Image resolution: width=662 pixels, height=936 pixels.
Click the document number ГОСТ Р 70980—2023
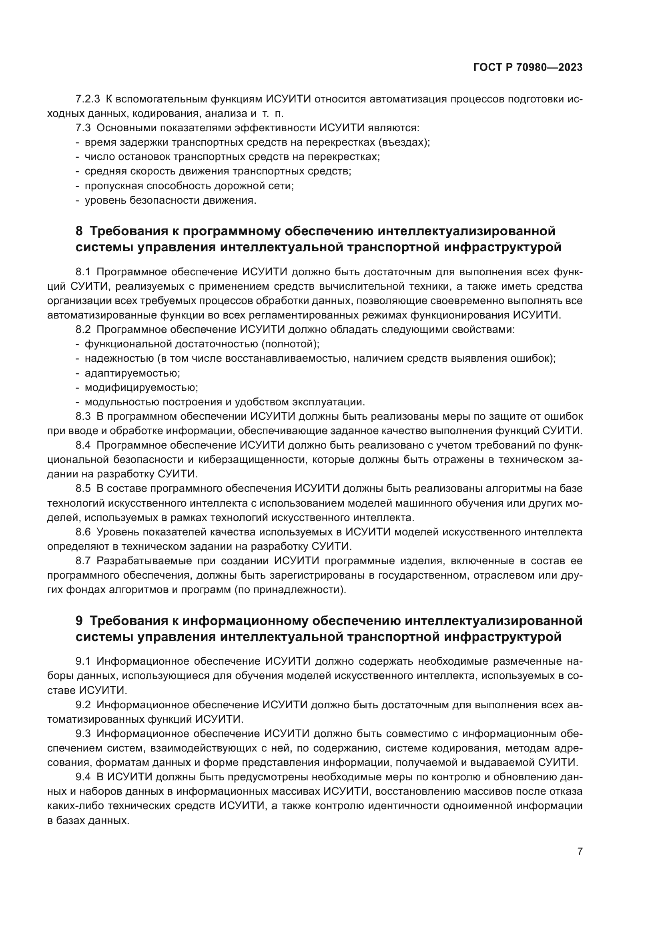[528, 68]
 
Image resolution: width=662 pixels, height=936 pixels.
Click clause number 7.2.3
[88, 99]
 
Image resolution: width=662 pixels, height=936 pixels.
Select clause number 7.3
[83, 128]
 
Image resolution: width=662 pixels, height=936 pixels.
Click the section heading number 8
[79, 231]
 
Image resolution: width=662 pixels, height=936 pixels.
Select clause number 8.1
[83, 272]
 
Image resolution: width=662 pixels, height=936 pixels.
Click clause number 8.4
[83, 445]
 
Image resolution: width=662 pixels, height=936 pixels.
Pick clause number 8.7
[83, 561]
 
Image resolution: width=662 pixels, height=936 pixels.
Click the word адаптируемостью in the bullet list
[132, 373]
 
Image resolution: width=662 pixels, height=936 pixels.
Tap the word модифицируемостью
[141, 387]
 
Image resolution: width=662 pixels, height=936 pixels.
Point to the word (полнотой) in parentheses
[290, 344]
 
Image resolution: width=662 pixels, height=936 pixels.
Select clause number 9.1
[83, 661]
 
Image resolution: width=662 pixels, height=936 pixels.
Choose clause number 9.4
[83, 777]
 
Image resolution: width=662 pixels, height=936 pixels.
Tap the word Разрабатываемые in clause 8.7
[138, 561]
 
